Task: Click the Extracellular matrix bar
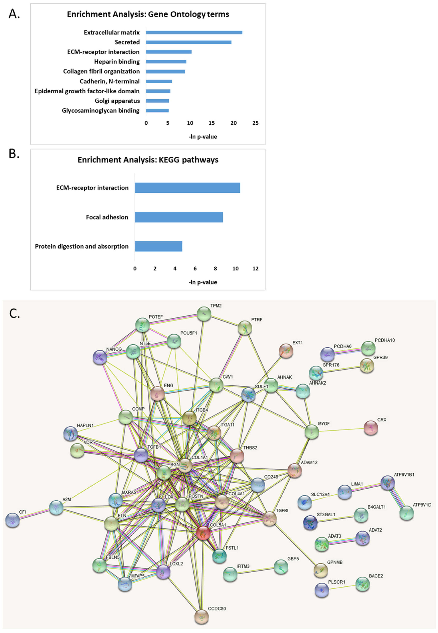tap(194, 32)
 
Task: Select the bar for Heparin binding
tap(166, 61)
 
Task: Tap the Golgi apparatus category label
tap(117, 101)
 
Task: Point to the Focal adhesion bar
tap(179, 217)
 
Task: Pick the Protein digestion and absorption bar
tap(158, 246)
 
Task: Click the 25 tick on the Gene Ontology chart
tap(255, 123)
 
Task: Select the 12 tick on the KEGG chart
tap(255, 268)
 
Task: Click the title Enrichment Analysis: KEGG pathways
tap(148, 160)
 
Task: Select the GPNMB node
tap(321, 570)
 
